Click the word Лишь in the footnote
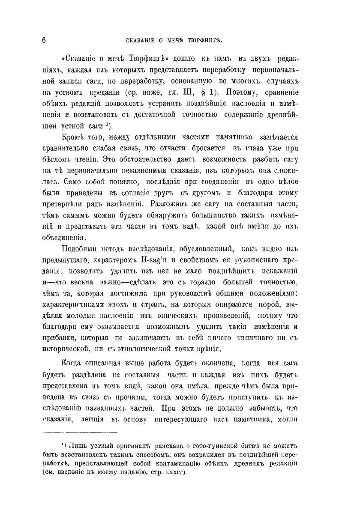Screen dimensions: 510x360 click(x=78, y=446)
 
